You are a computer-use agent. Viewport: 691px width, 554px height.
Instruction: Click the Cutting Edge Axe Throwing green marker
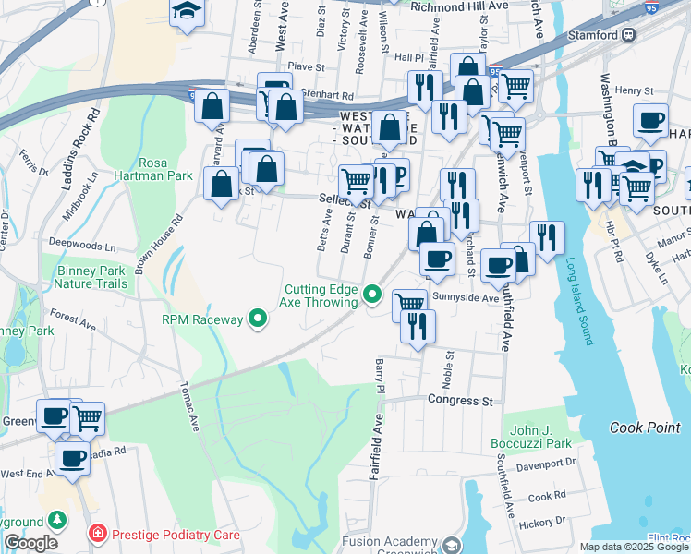click(373, 295)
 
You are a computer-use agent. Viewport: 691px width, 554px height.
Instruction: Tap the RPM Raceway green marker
click(259, 320)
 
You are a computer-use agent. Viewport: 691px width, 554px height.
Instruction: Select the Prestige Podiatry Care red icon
click(97, 534)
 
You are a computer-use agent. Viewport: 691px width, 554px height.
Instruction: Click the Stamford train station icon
click(628, 34)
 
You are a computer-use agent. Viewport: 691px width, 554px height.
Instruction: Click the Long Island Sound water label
click(580, 301)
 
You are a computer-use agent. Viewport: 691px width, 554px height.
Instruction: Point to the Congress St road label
click(460, 401)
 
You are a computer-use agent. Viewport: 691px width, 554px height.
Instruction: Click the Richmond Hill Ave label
click(459, 6)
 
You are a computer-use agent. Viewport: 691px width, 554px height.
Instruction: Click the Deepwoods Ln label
click(82, 247)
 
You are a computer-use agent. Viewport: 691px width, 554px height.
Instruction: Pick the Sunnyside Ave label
click(467, 298)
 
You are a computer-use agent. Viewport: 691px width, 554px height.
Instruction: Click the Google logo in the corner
click(30, 544)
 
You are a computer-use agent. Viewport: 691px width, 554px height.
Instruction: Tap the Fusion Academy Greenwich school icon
click(450, 544)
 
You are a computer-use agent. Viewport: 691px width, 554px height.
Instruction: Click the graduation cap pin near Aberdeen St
click(187, 12)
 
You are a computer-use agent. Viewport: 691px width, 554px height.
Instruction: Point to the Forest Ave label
click(74, 321)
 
